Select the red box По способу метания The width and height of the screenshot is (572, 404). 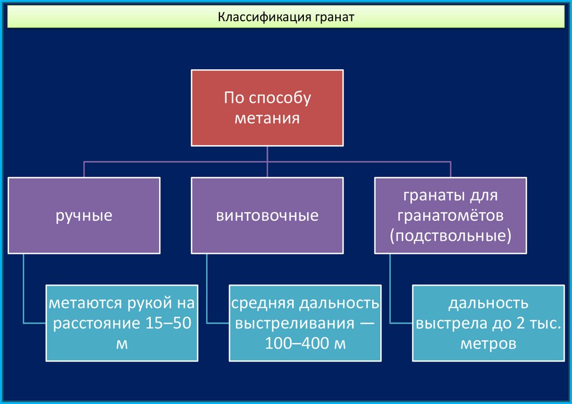coord(266,108)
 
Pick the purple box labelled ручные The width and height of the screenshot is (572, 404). coord(84,215)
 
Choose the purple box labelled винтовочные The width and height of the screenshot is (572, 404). coord(267,215)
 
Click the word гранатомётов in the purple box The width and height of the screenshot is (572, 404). coord(450,215)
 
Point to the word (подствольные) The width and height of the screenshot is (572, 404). coord(450,235)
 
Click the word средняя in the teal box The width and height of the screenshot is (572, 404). coord(263,304)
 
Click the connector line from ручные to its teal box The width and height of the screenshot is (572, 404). coord(24,291)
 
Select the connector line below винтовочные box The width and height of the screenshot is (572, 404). coord(207,291)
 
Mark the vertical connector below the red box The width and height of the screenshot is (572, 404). coord(267,154)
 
